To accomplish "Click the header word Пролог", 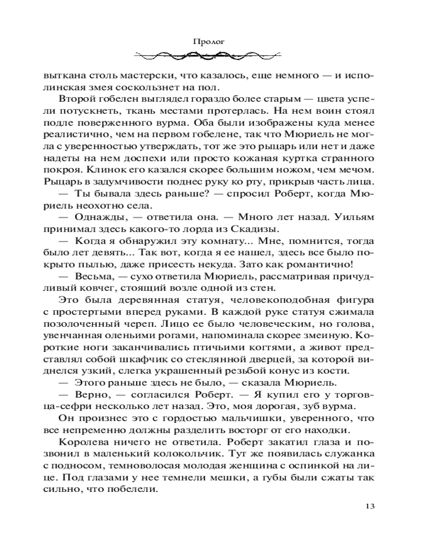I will coord(219,40).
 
